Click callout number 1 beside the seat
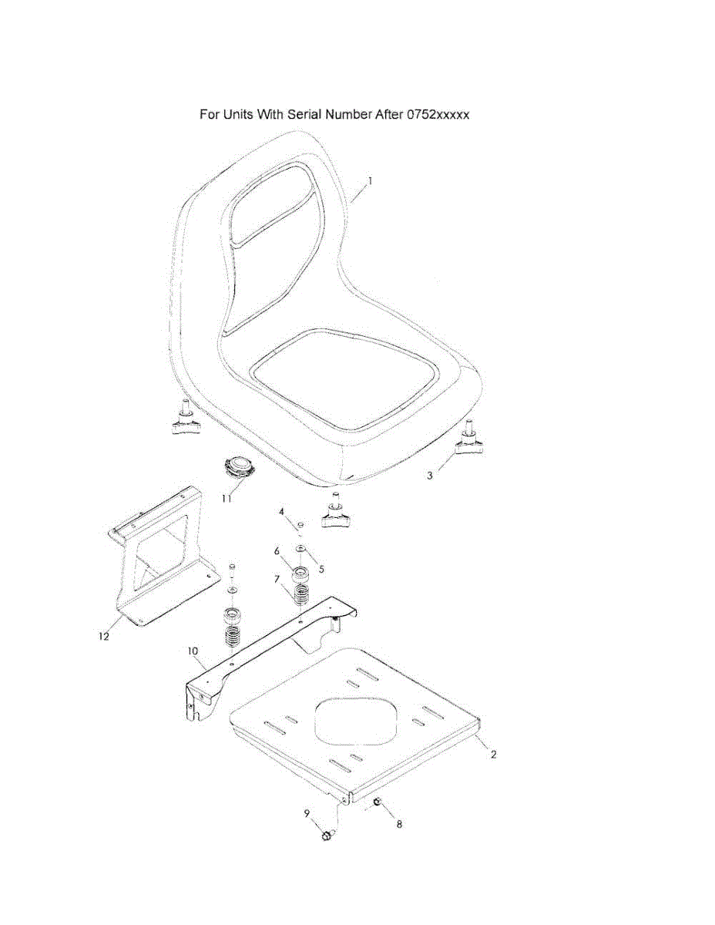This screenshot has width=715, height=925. (370, 181)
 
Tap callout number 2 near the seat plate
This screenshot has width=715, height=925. (493, 755)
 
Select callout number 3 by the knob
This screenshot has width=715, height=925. (430, 476)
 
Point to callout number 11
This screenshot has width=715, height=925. (227, 499)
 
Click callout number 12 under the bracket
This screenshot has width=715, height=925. (104, 637)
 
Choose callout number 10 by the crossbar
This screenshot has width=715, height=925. (193, 651)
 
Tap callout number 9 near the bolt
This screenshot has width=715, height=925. (306, 813)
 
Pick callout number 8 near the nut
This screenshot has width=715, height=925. (398, 824)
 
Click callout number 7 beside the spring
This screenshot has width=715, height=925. (277, 578)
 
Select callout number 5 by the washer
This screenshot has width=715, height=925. (321, 569)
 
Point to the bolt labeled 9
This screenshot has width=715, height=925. (327, 836)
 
